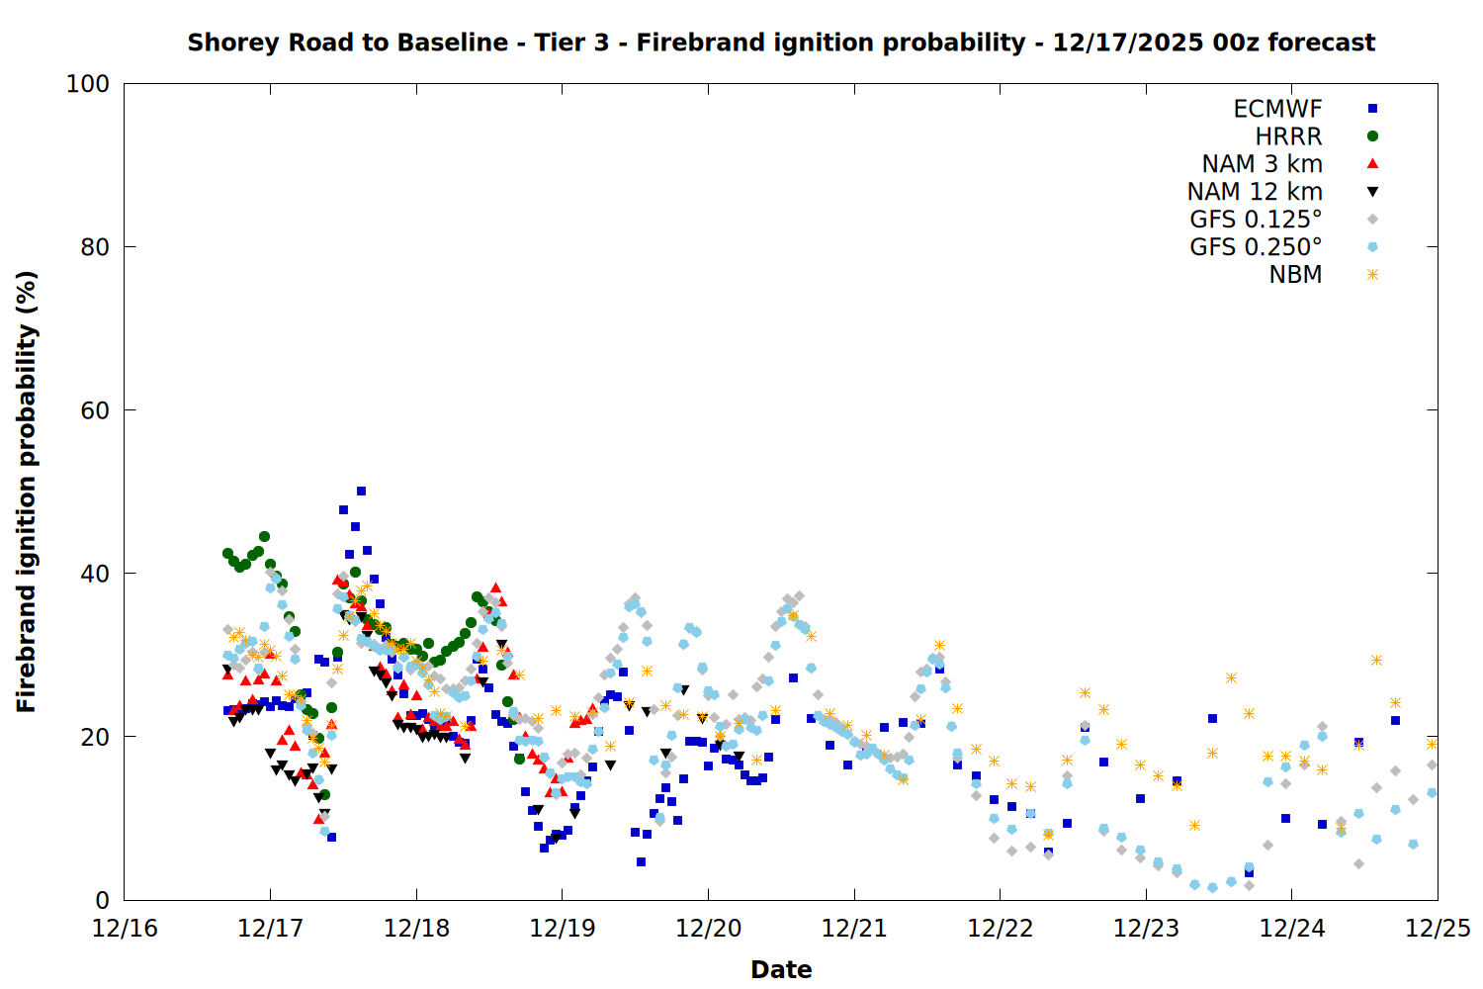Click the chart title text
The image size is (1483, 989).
coord(781,43)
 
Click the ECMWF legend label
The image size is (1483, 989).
coord(1277,109)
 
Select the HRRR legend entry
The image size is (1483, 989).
coord(1288,136)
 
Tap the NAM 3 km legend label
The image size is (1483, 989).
coord(1262,164)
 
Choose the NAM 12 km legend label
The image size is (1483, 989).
coord(1255,192)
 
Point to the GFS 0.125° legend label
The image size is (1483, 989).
coord(1256,220)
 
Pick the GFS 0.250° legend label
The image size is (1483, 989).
coord(1256,247)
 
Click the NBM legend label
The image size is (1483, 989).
coord(1295,275)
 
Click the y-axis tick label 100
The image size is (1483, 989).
coord(88,84)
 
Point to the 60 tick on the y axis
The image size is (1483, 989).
coord(94,410)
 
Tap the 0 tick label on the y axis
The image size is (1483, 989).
coord(102,900)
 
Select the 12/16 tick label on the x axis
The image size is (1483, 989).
coord(125,929)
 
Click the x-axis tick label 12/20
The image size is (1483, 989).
coord(708,929)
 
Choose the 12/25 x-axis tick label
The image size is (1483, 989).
coord(1438,929)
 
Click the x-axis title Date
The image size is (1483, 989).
coord(781,969)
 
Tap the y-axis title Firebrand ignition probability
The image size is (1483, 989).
coord(27,492)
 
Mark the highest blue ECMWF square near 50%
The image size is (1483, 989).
coord(361,492)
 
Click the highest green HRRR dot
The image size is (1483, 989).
coord(264,537)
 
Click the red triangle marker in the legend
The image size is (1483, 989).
coord(1372,164)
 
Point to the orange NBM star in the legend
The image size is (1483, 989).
coord(1372,275)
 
